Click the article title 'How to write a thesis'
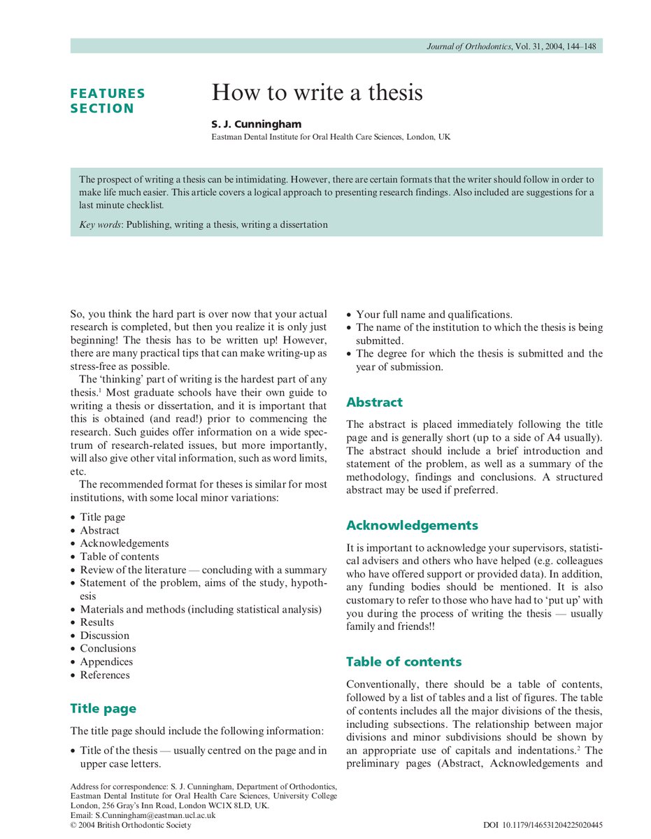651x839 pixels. [317, 92]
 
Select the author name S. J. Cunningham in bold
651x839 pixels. [257, 124]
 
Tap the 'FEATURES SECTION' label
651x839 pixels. [108, 101]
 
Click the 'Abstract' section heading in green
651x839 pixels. [374, 402]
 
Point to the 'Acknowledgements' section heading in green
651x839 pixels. [412, 525]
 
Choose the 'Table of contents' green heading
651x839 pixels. [403, 661]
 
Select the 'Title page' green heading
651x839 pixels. [103, 708]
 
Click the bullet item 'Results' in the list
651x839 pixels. [96, 622]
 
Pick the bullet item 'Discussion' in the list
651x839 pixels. [104, 636]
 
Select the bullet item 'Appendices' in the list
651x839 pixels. [106, 661]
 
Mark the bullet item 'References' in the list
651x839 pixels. [104, 675]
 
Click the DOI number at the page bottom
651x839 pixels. [543, 825]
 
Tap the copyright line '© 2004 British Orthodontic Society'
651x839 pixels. [131, 825]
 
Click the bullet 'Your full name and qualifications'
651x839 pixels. [434, 314]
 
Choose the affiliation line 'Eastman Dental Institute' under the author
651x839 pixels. [331, 137]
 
